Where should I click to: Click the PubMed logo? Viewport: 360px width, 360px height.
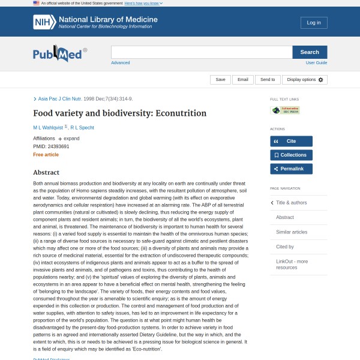(59, 54)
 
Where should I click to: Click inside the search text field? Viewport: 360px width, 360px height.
(202, 52)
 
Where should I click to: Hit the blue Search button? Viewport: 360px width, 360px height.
(310, 52)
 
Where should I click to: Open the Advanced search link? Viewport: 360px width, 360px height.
(120, 62)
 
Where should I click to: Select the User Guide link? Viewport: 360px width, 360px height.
(316, 62)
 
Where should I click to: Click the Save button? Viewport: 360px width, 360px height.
(220, 79)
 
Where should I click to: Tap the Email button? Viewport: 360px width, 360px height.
(242, 79)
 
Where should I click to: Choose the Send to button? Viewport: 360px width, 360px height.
(267, 79)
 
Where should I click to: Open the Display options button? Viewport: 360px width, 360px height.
(304, 79)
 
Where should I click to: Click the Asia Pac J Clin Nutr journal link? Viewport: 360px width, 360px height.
(60, 98)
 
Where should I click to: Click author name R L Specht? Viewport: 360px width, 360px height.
(82, 127)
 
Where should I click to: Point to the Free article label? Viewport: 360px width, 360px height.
(46, 154)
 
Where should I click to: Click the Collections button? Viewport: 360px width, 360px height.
(291, 155)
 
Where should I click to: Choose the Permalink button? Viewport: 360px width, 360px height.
(291, 169)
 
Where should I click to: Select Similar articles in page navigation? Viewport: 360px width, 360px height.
(291, 232)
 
